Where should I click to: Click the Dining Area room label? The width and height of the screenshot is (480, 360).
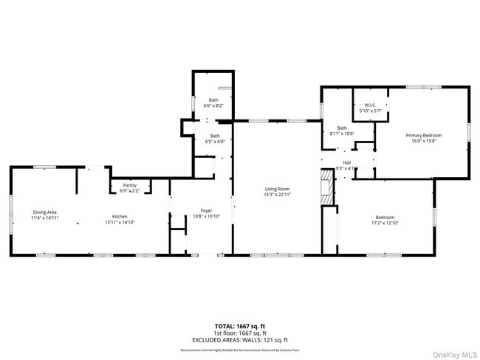[44, 212]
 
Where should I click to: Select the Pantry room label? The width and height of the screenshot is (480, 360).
[129, 186]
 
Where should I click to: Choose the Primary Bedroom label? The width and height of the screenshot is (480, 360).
[423, 136]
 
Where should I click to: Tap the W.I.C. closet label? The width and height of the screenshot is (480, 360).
[371, 105]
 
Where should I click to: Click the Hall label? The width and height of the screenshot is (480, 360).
[346, 163]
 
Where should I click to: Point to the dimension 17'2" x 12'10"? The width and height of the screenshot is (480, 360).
[385, 223]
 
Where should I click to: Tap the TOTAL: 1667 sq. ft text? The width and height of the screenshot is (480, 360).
[240, 325]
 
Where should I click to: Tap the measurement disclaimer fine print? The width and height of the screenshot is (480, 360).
[240, 350]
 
